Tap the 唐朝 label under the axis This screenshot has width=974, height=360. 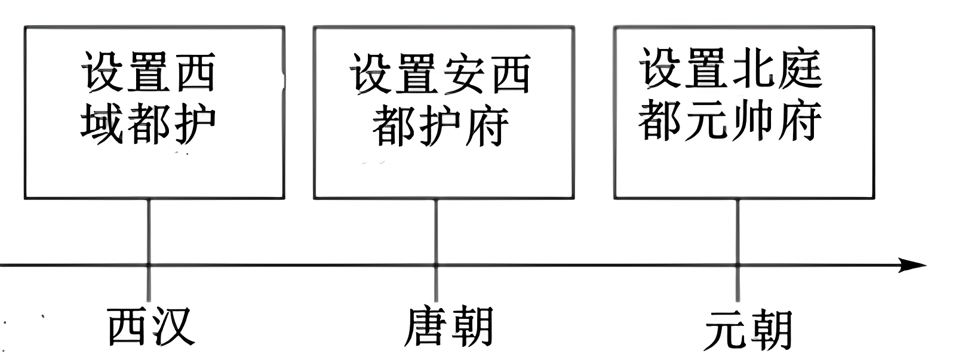[x=448, y=327]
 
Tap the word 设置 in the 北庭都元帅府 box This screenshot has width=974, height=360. [x=685, y=67]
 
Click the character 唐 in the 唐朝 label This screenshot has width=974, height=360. [x=426, y=327]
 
